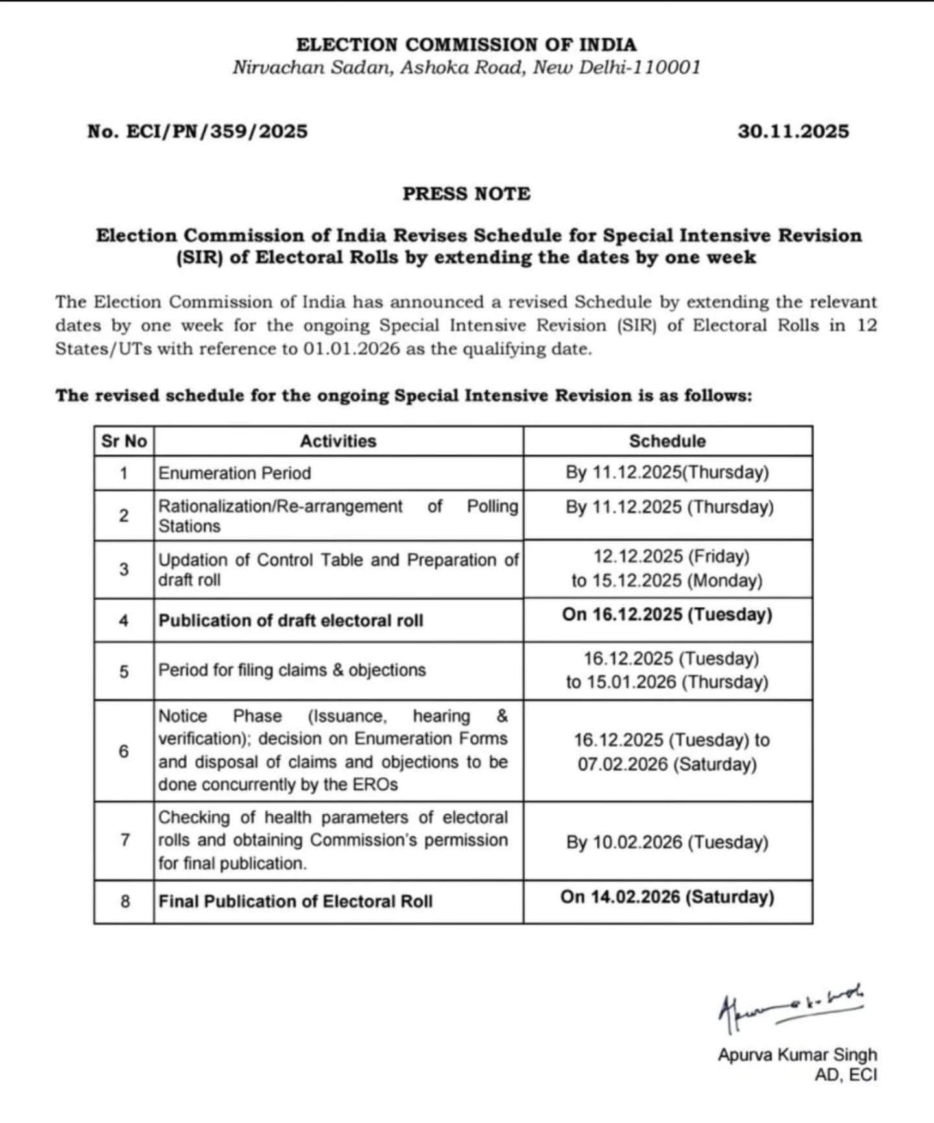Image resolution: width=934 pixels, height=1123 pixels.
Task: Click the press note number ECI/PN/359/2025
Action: click(x=197, y=132)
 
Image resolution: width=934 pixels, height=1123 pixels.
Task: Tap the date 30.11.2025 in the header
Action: click(x=793, y=132)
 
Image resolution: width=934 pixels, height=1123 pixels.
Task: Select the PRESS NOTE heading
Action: click(x=466, y=194)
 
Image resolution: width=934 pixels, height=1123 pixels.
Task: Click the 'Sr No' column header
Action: click(x=124, y=441)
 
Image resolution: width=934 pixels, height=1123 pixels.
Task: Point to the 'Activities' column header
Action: click(x=338, y=441)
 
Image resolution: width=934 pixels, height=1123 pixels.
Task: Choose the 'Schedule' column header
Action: click(x=667, y=441)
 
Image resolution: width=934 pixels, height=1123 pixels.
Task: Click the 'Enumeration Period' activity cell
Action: click(x=235, y=473)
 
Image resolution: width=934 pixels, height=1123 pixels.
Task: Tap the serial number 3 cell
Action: click(x=124, y=569)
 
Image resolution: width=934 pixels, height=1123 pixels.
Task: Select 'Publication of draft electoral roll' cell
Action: click(x=291, y=621)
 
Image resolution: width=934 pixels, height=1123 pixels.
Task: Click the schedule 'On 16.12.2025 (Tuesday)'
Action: click(x=667, y=614)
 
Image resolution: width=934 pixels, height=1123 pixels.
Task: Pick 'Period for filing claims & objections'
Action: click(x=292, y=670)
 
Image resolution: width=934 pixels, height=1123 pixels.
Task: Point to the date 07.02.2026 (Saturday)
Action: click(x=667, y=764)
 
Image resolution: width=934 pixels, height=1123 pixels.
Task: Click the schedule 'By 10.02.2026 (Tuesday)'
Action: click(x=667, y=842)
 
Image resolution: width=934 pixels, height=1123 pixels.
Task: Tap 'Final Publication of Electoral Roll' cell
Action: click(x=295, y=901)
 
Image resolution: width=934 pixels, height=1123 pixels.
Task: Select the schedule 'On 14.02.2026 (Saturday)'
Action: click(x=667, y=897)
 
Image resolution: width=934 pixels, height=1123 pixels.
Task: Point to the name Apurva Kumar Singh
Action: click(x=797, y=1055)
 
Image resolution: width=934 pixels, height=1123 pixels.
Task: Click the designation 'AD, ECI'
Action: click(x=846, y=1075)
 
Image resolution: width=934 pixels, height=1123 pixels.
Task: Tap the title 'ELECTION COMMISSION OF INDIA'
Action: click(x=466, y=45)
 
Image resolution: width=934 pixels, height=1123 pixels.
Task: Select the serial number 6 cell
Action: click(x=124, y=751)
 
